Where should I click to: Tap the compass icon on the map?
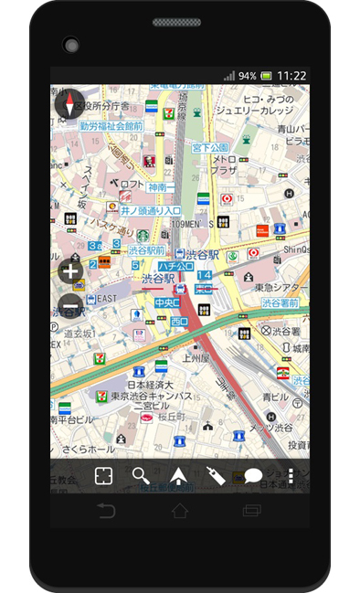point(69,103)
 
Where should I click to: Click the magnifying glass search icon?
point(140,476)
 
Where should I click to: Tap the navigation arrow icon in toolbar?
point(178,476)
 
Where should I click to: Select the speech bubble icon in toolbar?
point(253,476)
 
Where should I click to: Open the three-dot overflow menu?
point(291,476)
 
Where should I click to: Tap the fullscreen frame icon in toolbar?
point(102,476)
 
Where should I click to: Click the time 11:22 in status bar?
point(291,76)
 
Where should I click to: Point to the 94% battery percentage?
point(247,76)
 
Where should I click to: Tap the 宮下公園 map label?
point(209,147)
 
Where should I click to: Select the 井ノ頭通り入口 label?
point(150,210)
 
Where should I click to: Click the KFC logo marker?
point(149,162)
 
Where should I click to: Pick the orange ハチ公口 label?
point(175,266)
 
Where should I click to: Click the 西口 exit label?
point(179,322)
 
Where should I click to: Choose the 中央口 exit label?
point(166,302)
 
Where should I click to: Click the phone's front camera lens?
point(70,44)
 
